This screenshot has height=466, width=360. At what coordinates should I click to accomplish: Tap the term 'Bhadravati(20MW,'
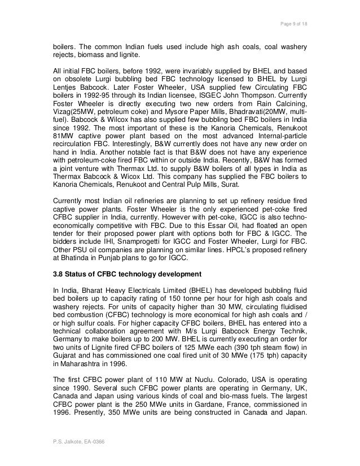tap(266, 128)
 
